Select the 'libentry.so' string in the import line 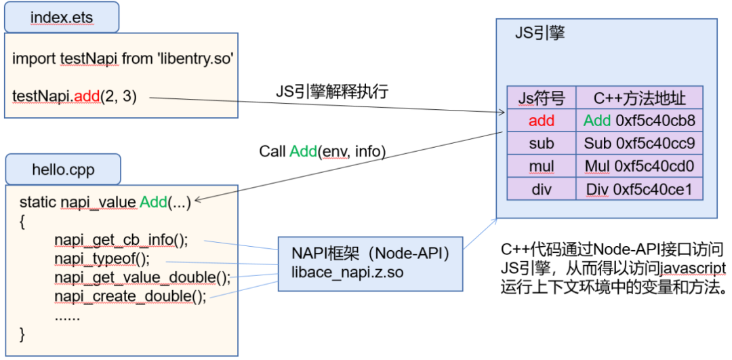click(196, 59)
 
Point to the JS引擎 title click(540, 34)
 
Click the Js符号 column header click(542, 98)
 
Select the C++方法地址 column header click(639, 98)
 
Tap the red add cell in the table click(542, 121)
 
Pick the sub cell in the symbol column click(542, 144)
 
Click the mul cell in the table click(542, 167)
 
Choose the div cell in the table click(542, 189)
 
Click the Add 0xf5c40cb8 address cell click(639, 121)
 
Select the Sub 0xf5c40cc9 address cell click(639, 144)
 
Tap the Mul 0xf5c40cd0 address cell click(639, 167)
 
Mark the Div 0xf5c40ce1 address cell click(639, 189)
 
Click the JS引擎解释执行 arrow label click(332, 91)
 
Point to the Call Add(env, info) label click(323, 152)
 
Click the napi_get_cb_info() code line click(121, 240)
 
